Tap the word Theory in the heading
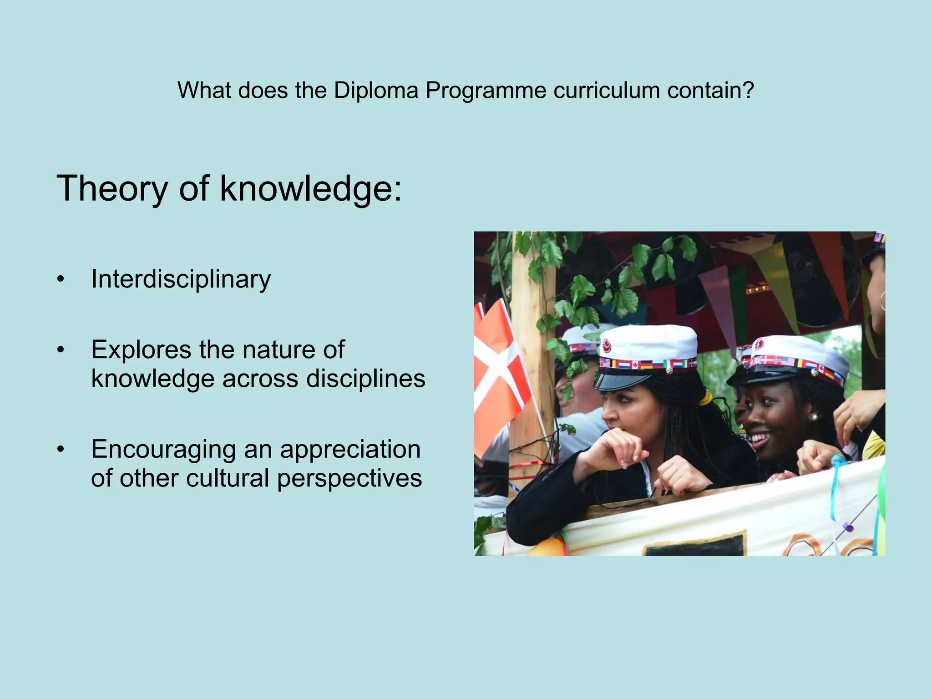tap(112, 189)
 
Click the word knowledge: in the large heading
tap(311, 189)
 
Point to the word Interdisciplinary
tap(181, 279)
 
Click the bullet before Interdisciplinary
tap(61, 280)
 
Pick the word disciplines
tap(365, 379)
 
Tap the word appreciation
tap(350, 450)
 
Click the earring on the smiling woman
tap(814, 417)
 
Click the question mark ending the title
tap(749, 91)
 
